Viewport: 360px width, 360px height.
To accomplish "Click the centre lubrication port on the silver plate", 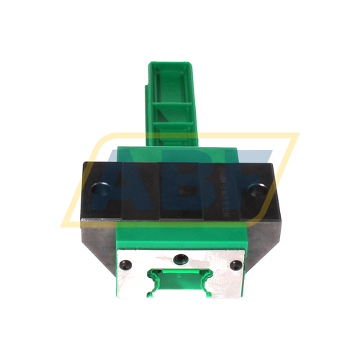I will click(x=179, y=256).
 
